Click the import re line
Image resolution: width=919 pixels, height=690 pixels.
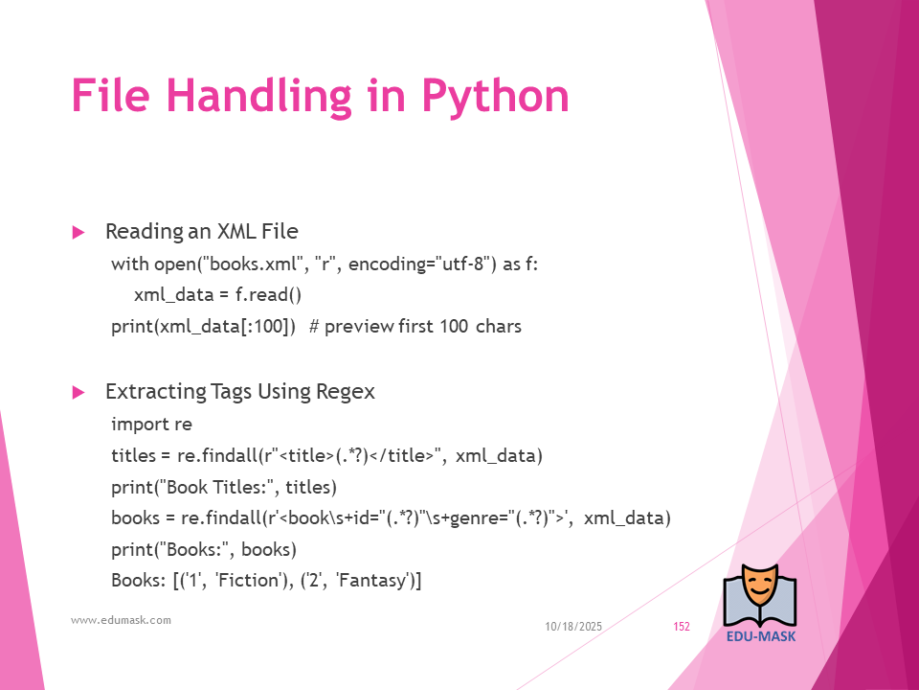coord(151,424)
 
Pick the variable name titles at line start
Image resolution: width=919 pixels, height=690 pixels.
coord(133,455)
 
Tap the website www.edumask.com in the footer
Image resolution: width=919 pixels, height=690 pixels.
coord(121,620)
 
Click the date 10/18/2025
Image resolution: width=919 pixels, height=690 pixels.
coord(573,627)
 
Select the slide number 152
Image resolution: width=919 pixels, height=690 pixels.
coord(682,627)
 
